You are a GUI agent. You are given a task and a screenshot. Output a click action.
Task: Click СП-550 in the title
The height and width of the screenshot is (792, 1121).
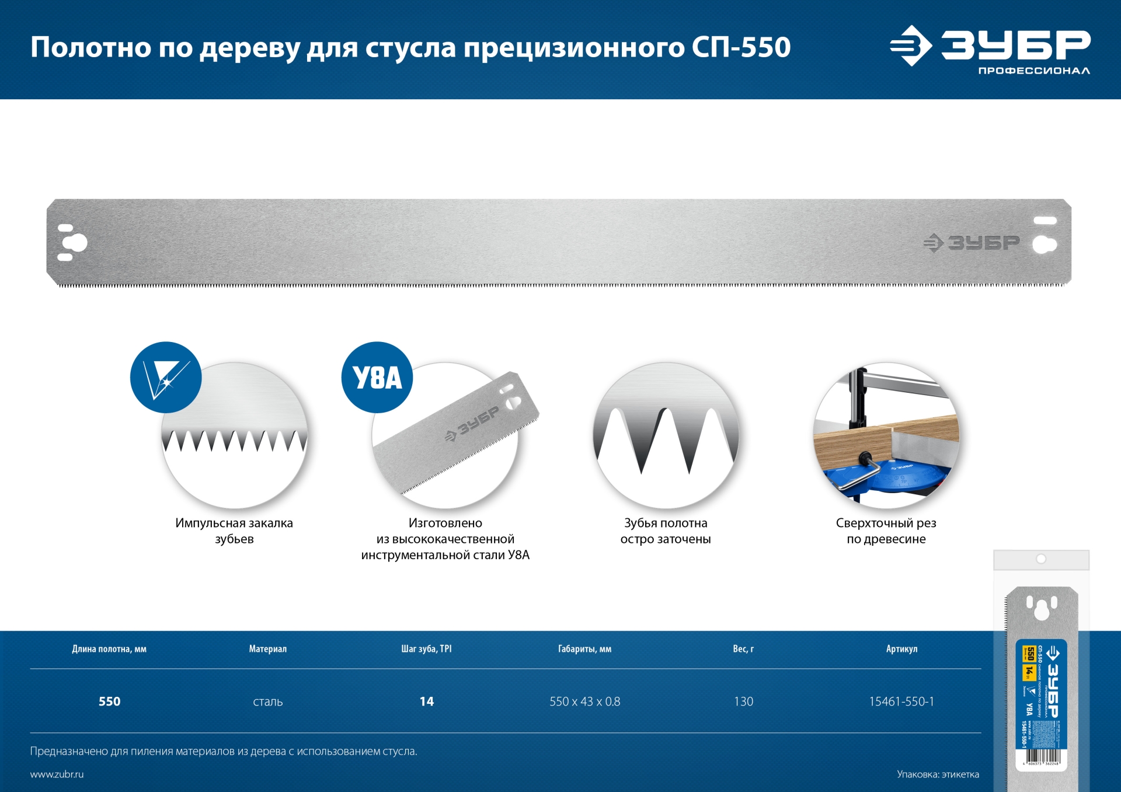click(x=741, y=47)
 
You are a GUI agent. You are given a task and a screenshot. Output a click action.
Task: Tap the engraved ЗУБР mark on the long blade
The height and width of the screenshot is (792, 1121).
click(x=972, y=243)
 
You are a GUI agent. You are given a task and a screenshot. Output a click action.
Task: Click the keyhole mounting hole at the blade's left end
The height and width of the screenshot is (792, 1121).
click(x=75, y=242)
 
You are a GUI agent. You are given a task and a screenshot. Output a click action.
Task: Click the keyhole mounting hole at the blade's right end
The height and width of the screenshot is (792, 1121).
click(x=1043, y=244)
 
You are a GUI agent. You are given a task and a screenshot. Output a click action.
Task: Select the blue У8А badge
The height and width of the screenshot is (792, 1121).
click(x=377, y=378)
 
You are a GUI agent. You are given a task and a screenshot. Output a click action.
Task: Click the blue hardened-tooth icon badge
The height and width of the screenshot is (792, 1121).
click(x=166, y=378)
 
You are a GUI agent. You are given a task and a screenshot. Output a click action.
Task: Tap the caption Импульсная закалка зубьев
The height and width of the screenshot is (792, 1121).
click(x=234, y=531)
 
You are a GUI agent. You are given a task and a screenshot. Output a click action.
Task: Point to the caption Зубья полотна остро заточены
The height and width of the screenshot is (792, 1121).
click(x=666, y=531)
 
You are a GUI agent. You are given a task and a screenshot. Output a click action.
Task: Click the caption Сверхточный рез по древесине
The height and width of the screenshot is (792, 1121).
click(x=886, y=531)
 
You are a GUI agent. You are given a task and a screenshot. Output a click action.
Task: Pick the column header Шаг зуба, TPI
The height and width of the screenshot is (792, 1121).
click(x=426, y=649)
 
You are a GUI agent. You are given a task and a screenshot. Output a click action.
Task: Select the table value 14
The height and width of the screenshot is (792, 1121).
click(x=427, y=702)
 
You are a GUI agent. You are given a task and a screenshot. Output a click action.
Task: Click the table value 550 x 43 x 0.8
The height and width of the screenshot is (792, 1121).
click(x=584, y=702)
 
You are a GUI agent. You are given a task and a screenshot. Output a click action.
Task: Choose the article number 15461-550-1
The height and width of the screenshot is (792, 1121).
click(x=901, y=702)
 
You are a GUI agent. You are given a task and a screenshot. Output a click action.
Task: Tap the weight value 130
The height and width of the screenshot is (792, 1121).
click(x=743, y=702)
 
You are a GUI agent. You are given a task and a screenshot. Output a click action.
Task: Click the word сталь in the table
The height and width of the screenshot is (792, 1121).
click(x=268, y=702)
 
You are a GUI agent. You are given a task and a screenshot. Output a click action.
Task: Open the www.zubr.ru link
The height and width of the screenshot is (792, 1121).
click(x=57, y=774)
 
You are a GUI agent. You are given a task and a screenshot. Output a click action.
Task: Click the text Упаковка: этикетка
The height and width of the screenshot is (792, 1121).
click(x=938, y=774)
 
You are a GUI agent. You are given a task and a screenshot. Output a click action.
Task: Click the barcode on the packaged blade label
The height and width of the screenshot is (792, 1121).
click(x=1042, y=758)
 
